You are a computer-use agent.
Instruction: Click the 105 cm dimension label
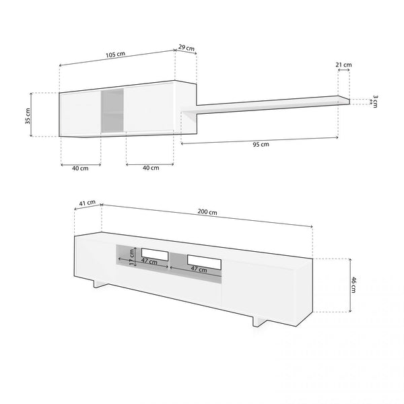[115, 55]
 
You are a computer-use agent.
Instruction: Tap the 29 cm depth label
[187, 48]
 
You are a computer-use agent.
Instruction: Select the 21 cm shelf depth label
[343, 65]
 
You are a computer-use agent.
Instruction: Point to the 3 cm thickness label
[375, 101]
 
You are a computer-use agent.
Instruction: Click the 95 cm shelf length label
[261, 144]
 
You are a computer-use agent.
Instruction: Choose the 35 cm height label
[28, 116]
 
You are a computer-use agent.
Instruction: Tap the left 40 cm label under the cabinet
[80, 168]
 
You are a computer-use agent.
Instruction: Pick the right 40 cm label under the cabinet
[151, 168]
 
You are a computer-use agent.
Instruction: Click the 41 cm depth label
[87, 203]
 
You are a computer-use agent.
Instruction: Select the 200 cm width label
[207, 212]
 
